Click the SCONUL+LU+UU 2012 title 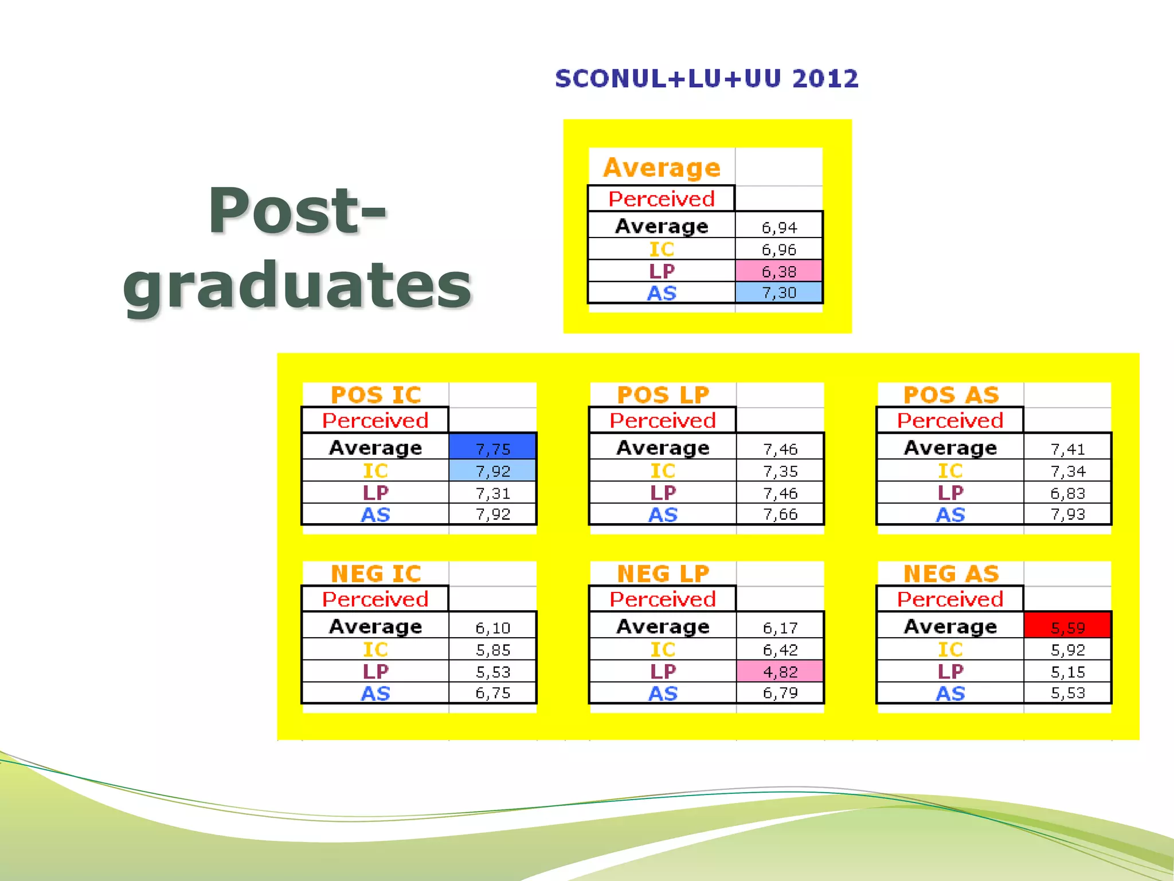pos(707,79)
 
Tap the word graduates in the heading pos(297,285)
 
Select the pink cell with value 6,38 pos(778,271)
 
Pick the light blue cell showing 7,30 pos(778,293)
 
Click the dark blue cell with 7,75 pos(492,448)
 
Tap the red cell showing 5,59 pos(1067,627)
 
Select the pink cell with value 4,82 pos(780,671)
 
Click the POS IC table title pos(376,395)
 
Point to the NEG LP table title pos(663,574)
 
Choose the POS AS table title pos(951,395)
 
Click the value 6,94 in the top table pos(778,228)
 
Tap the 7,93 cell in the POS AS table pos(1067,514)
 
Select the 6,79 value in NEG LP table pos(780,693)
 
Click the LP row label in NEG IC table pos(375,671)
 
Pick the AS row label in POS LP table pos(663,514)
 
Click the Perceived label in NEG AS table pos(950,599)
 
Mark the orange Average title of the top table pos(662,167)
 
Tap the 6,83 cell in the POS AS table pos(1067,493)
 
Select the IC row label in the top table pos(662,250)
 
